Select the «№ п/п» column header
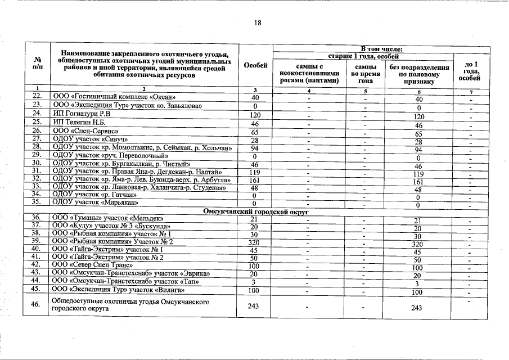coord(38,65)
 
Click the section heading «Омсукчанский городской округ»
coord(254,210)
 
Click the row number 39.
coord(37,241)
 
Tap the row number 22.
coord(37,97)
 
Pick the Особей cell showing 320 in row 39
coord(255,242)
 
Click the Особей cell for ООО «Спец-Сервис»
coord(255,131)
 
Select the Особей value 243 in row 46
coord(255,306)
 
